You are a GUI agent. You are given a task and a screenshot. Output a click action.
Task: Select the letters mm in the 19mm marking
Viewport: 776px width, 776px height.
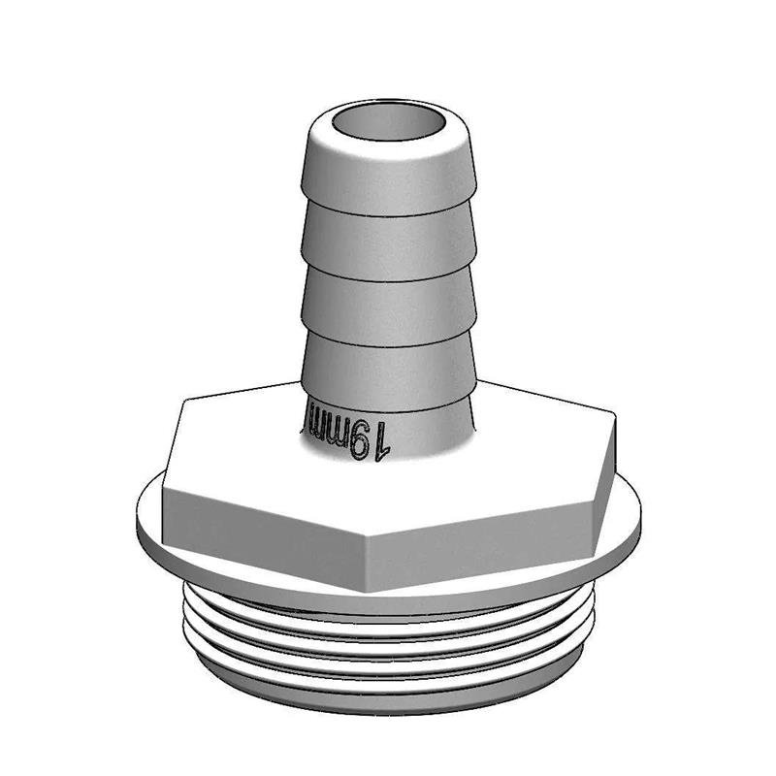tap(325, 425)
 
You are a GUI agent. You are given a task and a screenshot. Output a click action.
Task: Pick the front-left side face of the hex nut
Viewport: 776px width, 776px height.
tap(262, 524)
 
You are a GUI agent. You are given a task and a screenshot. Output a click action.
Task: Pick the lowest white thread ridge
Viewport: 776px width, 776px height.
tap(388, 669)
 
